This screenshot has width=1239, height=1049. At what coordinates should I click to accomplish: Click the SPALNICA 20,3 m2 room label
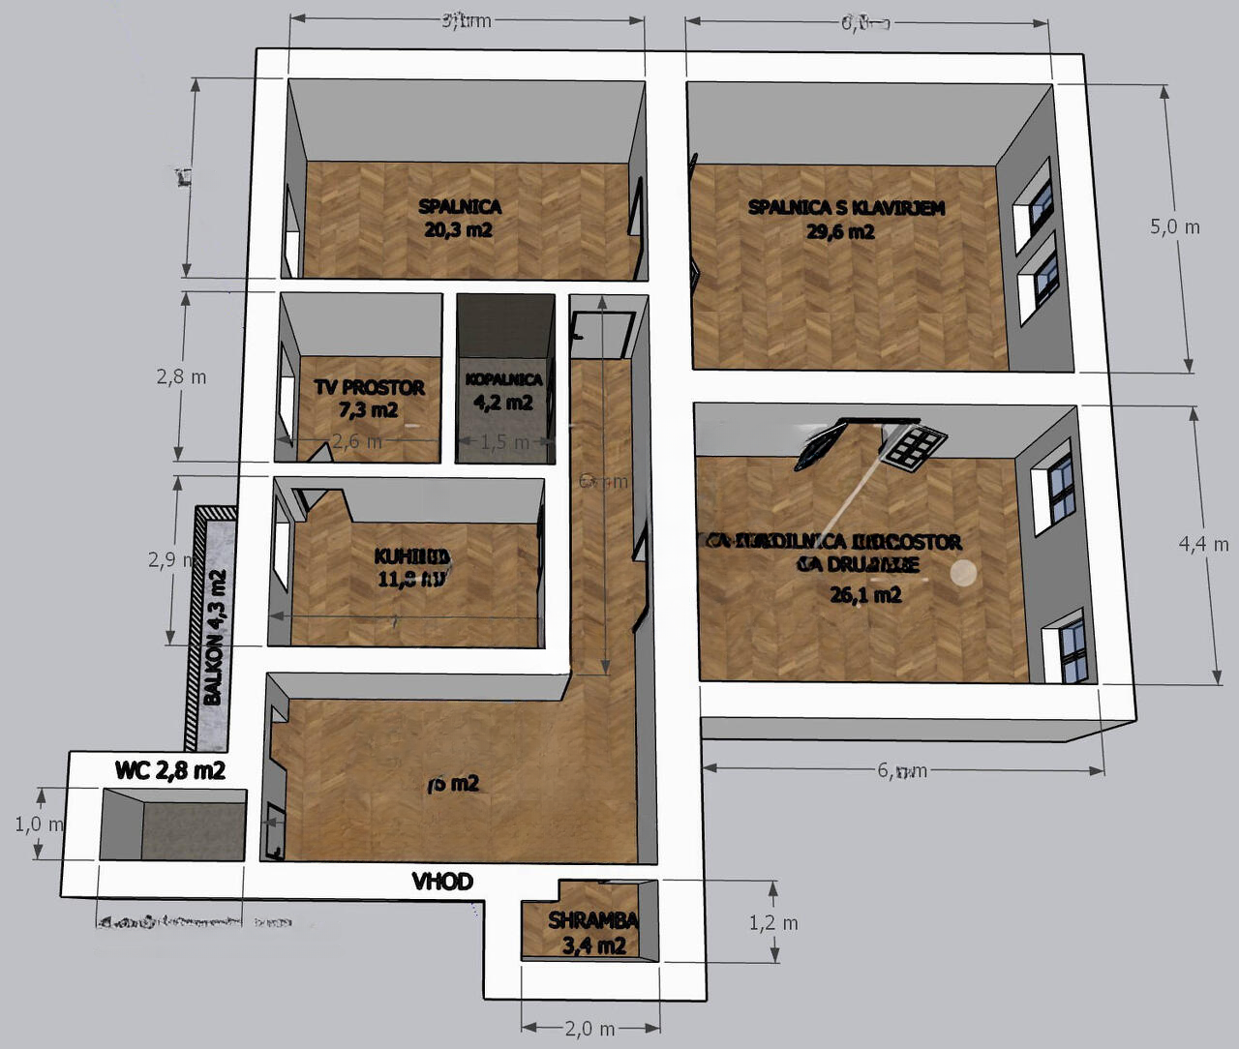coord(460,218)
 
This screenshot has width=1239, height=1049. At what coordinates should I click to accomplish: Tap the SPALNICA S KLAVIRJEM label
coord(846,207)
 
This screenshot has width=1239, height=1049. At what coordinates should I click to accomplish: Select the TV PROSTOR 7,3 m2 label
coord(369,398)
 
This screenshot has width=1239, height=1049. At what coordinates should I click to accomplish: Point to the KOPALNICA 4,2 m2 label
coord(503,390)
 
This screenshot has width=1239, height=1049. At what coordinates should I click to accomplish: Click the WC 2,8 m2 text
coord(170,770)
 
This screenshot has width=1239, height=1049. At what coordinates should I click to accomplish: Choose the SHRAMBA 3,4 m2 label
coord(593,933)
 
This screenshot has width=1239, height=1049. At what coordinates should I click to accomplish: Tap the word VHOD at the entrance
coord(442,882)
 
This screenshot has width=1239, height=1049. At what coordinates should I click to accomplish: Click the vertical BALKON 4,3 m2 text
coord(214,638)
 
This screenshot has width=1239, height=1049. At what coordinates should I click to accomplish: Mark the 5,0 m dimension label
coord(1174,227)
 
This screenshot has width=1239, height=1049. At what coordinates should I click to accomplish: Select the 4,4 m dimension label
coord(1203,545)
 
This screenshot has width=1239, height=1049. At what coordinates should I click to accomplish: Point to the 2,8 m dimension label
coord(181,376)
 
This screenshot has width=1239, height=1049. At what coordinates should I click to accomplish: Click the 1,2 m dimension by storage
coord(773,923)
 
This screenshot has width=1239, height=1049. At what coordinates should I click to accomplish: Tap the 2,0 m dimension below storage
coord(590,1029)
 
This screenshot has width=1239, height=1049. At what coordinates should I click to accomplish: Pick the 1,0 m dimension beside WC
coord(40,824)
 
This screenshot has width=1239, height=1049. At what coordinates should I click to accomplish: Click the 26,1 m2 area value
coord(865,594)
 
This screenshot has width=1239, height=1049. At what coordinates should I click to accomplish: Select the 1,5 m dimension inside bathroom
coord(505,442)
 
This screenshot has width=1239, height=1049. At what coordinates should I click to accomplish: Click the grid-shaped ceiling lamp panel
coord(913,447)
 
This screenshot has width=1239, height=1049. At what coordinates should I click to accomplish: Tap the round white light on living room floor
coord(963,573)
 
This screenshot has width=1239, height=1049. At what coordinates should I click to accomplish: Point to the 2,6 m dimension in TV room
coord(356,442)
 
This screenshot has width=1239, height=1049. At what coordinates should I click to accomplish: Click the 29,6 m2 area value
coord(840,231)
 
